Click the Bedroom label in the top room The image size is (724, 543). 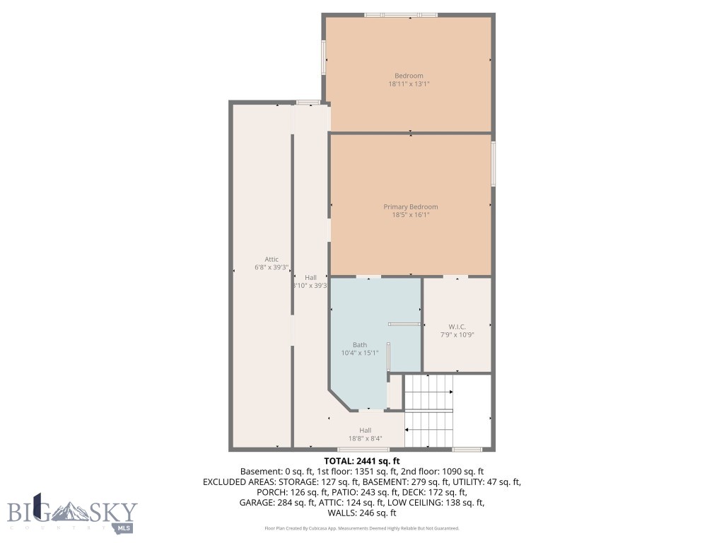(x=409, y=76)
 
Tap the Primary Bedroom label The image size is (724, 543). (x=410, y=206)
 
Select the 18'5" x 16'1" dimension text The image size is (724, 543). (x=410, y=214)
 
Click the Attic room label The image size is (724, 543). (x=271, y=259)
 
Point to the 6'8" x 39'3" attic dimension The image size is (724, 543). (x=271, y=267)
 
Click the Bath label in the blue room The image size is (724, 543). (x=360, y=345)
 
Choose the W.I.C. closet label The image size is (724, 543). (x=457, y=327)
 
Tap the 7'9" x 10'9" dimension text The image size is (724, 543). (x=457, y=334)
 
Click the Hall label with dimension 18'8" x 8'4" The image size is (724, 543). (x=365, y=430)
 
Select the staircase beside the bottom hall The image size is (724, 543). (x=428, y=411)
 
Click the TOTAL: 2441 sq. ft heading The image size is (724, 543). (x=361, y=460)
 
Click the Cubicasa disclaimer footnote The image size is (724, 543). (x=361, y=528)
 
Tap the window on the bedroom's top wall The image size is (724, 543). (x=400, y=14)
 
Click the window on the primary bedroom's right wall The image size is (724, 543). (x=493, y=164)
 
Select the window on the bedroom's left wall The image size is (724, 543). (x=324, y=57)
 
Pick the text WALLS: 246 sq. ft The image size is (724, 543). (x=361, y=513)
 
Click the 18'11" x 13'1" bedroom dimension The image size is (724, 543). (x=409, y=83)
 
